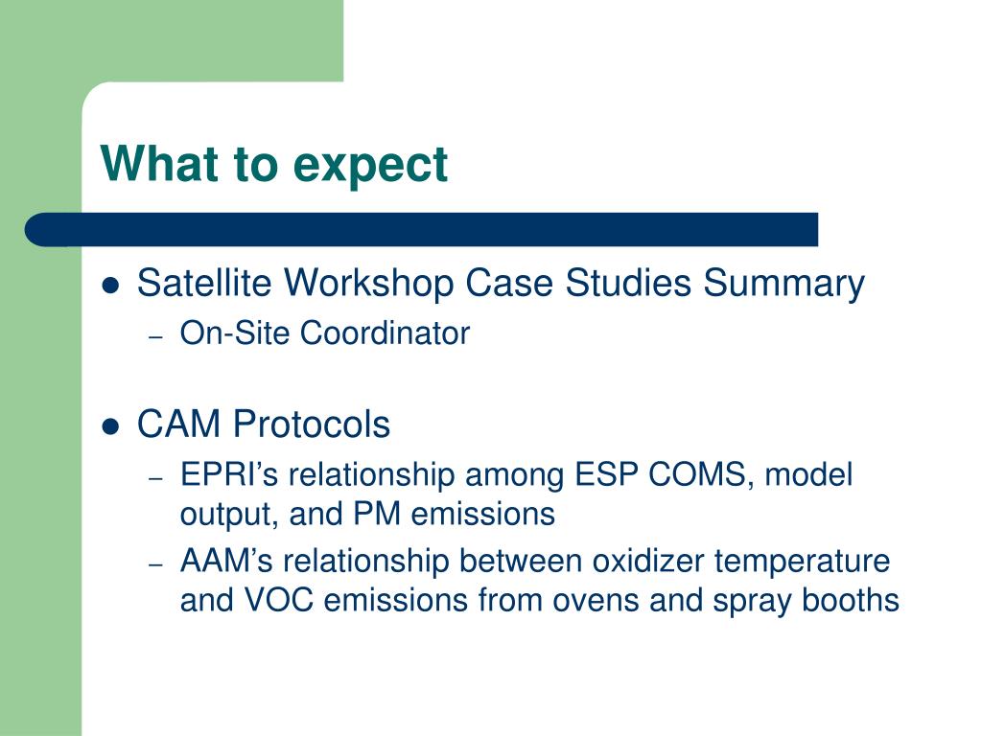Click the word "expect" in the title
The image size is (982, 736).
[x=370, y=166]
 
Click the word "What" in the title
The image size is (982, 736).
[x=161, y=163]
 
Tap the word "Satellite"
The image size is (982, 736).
[x=204, y=283]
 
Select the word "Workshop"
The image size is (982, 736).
[x=369, y=284]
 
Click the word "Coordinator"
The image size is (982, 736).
[x=385, y=333]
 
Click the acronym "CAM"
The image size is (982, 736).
[x=179, y=424]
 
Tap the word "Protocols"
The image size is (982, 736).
[x=312, y=424]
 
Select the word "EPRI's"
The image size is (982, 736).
[x=228, y=474]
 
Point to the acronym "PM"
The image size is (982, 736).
[x=377, y=514]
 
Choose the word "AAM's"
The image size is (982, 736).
[x=226, y=561]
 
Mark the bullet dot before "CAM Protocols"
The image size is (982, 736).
[x=110, y=426]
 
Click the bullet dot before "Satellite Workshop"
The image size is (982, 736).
[x=110, y=286]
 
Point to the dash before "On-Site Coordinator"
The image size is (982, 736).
[x=156, y=337]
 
